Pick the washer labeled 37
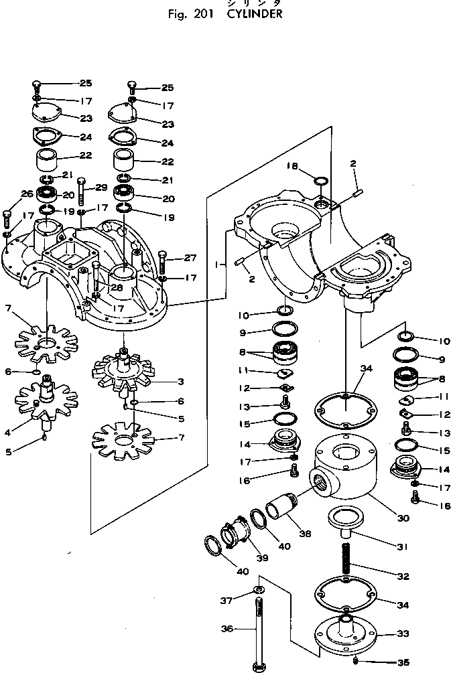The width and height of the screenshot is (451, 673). coord(259,589)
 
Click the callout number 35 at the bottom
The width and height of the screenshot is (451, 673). coord(402,662)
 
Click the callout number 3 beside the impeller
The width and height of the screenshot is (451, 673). coord(180,381)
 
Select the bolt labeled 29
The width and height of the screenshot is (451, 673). coord(81,194)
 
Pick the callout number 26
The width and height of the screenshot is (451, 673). coord(26,194)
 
